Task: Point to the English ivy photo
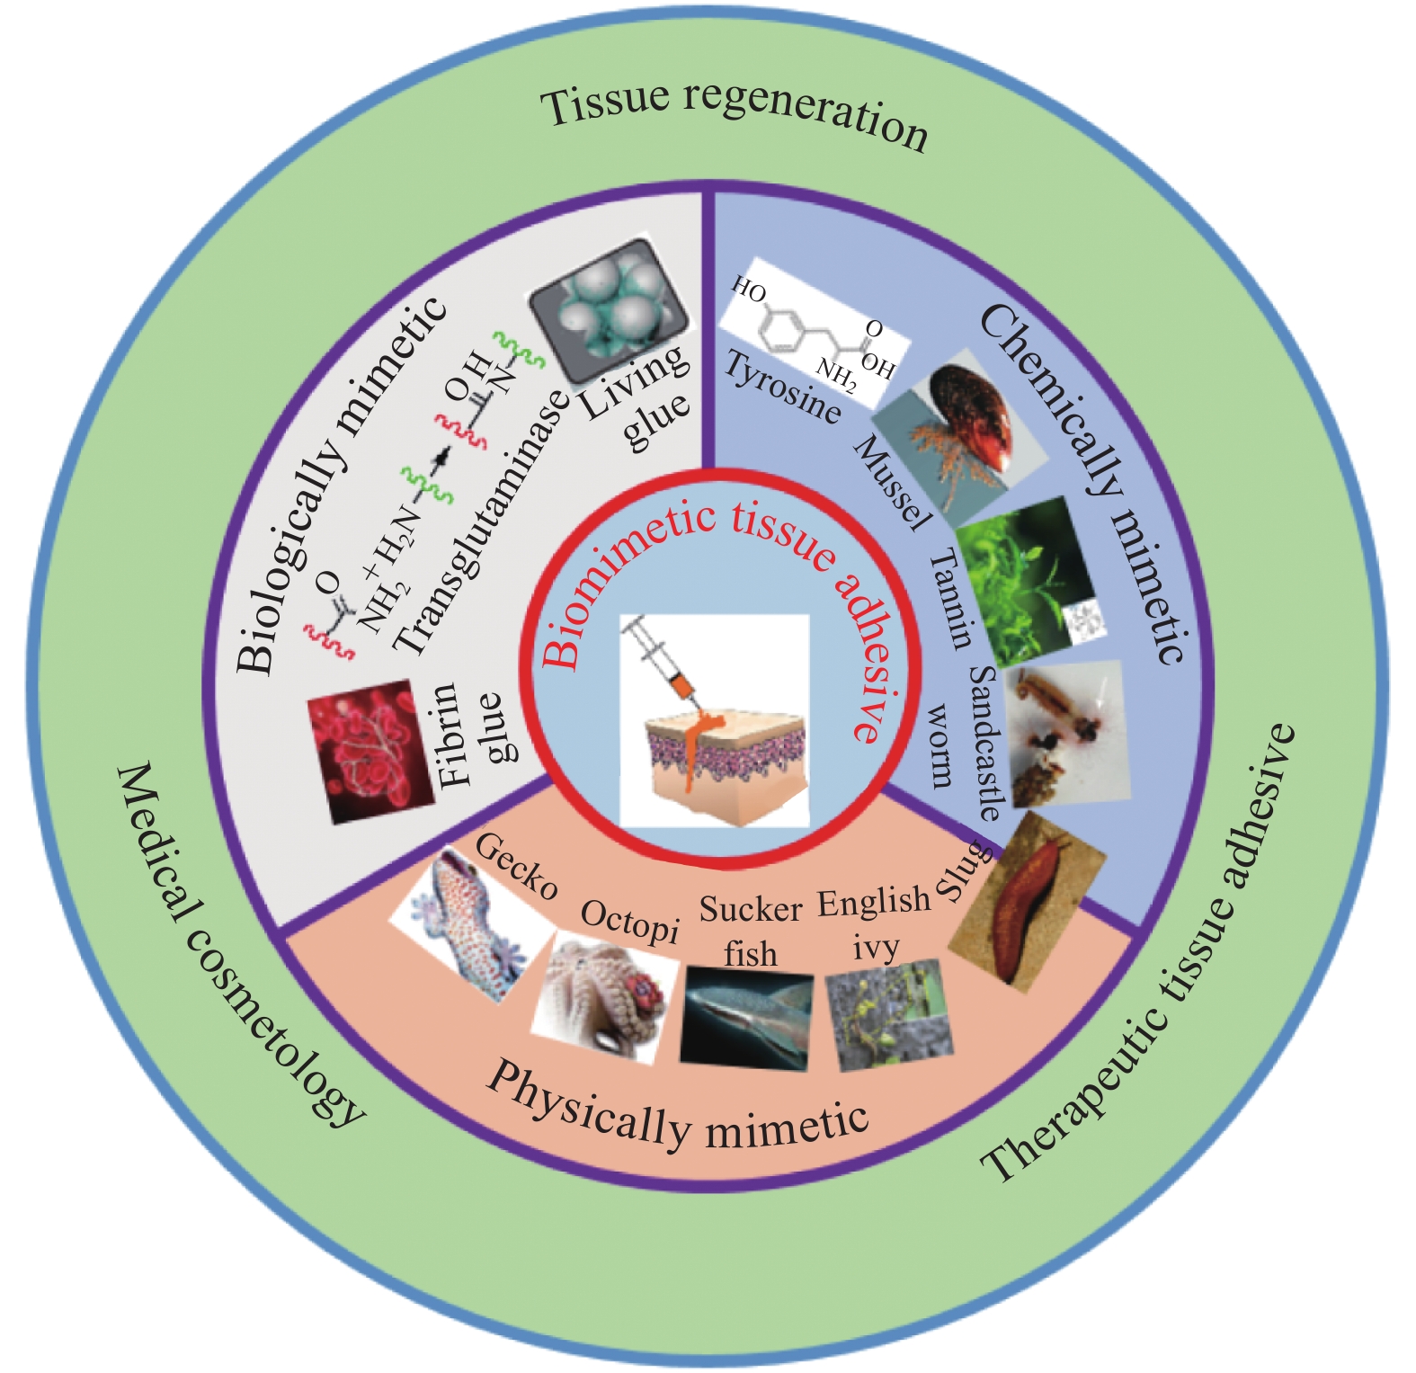pos(890,1014)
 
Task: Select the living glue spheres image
pos(609,310)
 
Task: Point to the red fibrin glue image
pos(370,752)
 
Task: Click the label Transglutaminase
pos(482,522)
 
